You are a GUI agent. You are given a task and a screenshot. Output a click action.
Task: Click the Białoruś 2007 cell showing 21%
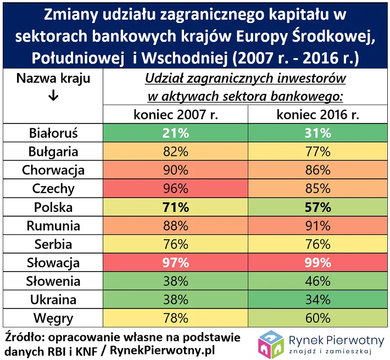click(176, 133)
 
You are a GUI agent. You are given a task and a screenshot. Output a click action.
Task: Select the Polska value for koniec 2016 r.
click(319, 207)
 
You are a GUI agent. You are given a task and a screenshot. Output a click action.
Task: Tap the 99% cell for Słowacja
click(319, 263)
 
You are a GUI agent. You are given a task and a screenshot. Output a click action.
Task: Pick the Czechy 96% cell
click(176, 189)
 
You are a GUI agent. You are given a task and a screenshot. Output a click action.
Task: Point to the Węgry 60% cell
click(319, 319)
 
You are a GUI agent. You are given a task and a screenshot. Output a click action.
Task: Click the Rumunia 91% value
click(319, 226)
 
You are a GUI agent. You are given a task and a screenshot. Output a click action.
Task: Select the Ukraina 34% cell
click(319, 300)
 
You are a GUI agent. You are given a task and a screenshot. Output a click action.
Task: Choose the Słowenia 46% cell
click(319, 282)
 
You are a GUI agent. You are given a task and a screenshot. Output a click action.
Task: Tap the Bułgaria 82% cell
click(176, 152)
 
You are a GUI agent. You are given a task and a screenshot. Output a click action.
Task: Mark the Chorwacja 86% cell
click(319, 170)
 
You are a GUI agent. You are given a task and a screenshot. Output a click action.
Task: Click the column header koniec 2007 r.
click(176, 115)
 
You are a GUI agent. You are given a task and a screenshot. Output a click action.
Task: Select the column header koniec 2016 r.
click(319, 115)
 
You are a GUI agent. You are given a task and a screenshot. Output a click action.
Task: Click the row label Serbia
click(53, 244)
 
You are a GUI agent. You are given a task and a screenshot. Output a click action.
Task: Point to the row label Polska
click(53, 207)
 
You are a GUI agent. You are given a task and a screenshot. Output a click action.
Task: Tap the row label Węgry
click(53, 319)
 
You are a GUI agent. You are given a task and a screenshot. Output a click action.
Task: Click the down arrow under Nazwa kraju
click(53, 96)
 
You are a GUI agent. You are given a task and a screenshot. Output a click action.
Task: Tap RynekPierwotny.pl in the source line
click(155, 350)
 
